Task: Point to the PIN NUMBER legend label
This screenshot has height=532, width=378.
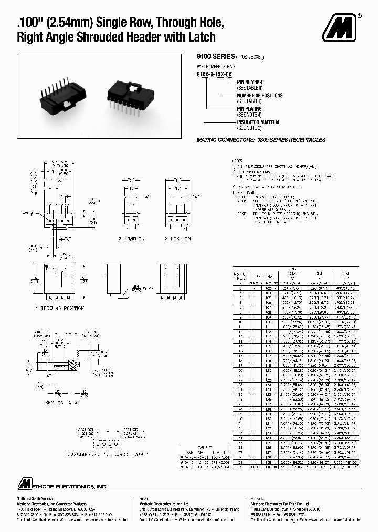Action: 250,83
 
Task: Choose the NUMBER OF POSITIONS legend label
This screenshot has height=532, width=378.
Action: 259,96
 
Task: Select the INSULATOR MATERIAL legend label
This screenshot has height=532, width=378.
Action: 259,122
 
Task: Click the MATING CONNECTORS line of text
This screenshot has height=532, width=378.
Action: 261,140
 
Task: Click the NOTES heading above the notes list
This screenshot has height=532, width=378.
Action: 237,160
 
